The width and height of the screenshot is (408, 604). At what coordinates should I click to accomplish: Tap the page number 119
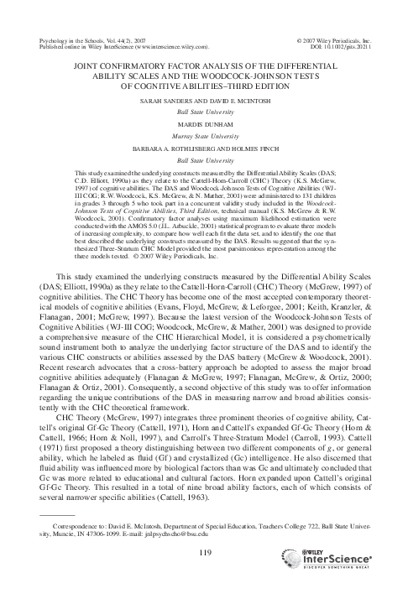pyautogui.click(x=204, y=550)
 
